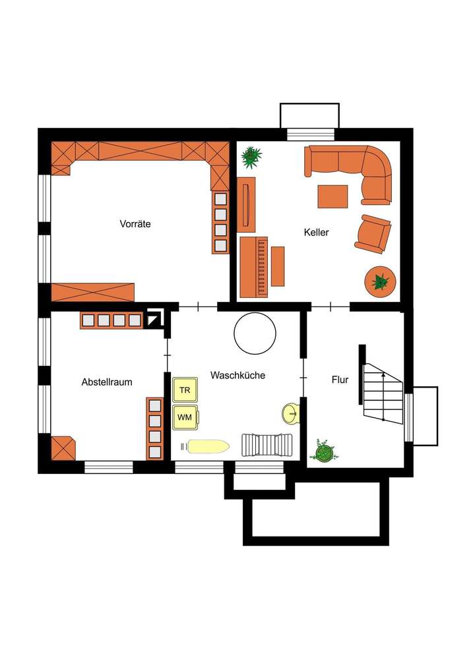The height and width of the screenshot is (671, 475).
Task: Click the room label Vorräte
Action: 135,224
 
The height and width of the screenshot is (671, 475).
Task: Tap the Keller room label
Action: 316,233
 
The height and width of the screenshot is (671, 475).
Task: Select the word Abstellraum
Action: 107,382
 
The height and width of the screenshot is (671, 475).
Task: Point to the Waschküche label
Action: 237,375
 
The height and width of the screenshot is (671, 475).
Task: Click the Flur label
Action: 340,380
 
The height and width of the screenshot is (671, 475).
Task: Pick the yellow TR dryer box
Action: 185,390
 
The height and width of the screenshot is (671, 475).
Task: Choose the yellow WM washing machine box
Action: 185,417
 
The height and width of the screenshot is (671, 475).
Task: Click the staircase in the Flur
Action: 383,392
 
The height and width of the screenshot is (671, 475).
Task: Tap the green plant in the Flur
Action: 323,452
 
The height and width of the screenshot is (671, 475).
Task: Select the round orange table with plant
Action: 380,282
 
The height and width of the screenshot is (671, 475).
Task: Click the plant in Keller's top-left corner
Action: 251,157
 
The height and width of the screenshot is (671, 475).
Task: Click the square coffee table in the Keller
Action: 332,196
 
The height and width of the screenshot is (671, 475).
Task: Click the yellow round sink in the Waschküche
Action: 290,413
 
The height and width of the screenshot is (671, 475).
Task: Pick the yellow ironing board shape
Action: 206,447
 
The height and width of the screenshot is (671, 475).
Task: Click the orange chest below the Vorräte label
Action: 93,291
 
